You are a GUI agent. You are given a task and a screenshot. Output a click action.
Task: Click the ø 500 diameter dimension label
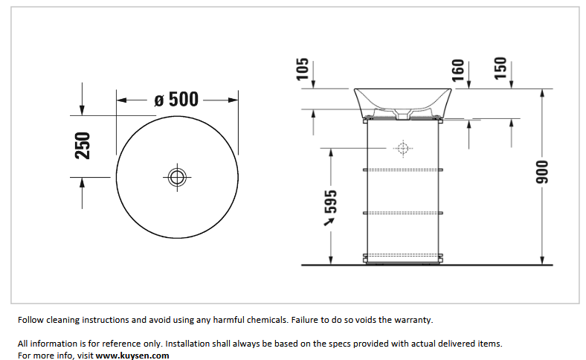coord(176,100)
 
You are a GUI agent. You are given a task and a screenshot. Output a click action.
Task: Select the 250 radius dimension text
coord(83,146)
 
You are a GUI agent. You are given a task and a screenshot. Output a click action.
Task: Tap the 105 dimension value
coord(303,68)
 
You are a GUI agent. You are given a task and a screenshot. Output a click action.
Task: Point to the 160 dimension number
coord(458,70)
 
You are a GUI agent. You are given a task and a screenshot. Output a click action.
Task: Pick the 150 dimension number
coord(500,68)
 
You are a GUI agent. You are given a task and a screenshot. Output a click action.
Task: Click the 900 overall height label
coord(542,172)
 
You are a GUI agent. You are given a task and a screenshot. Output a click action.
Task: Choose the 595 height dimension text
coord(330,202)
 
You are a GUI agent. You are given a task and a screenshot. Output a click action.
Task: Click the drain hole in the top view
coord(177,177)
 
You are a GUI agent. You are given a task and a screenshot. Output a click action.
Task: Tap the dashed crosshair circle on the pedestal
coord(403,149)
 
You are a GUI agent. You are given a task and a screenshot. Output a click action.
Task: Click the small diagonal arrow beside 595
coord(329,222)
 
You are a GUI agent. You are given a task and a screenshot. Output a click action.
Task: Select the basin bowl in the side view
coord(402,103)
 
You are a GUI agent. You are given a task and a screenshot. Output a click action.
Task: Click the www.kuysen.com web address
coord(132,355)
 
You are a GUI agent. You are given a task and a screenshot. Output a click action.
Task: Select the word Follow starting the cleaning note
coord(30,320)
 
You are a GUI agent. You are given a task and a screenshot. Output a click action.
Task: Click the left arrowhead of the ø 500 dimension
coord(122,100)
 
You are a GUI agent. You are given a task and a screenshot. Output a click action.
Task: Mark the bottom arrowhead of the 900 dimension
coord(542,260)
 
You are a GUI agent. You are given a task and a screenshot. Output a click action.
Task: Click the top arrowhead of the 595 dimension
coord(331,153)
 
